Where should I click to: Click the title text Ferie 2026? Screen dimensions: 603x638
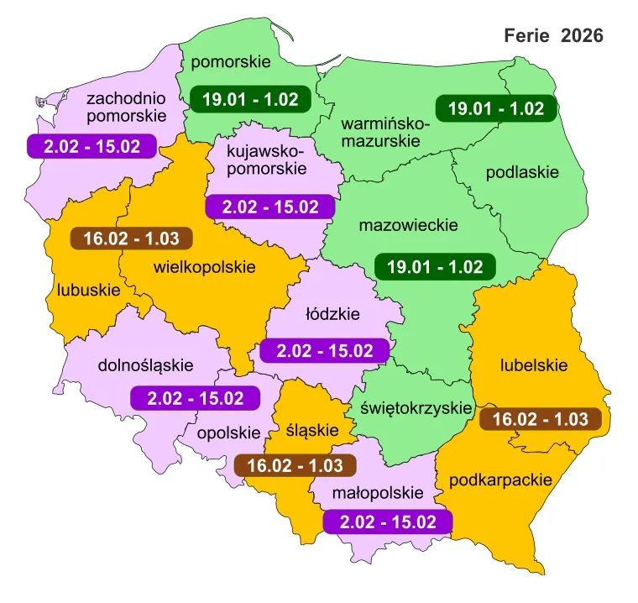coord(552,36)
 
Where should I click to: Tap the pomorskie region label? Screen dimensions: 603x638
coord(230,62)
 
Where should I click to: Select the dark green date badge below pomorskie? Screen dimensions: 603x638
coord(250,99)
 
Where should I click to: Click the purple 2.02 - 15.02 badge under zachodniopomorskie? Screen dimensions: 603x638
coord(92,146)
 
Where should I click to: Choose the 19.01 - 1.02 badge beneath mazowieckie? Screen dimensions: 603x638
coord(435,267)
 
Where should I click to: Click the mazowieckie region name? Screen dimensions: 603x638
coord(408,226)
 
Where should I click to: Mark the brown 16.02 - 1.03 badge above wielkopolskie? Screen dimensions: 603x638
coord(132,238)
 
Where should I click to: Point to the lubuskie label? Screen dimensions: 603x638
coord(89,291)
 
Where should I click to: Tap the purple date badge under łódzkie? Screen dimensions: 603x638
coord(325,350)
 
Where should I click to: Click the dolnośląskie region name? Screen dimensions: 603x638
coord(145,365)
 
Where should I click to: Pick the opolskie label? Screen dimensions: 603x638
coord(230,433)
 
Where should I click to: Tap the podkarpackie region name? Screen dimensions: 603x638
coord(501,480)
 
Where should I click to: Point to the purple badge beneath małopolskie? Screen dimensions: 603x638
coord(388,522)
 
